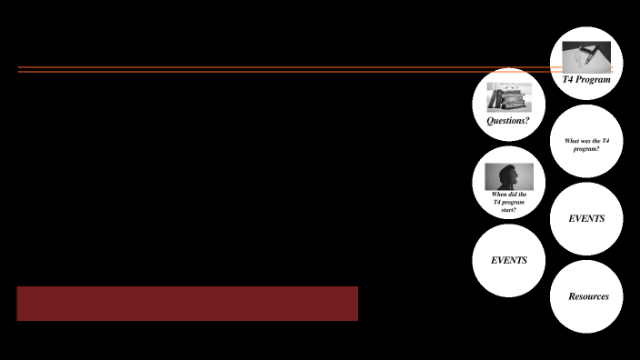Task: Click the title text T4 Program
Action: (586, 80)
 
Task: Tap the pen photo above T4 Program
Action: (586, 57)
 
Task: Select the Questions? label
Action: (508, 120)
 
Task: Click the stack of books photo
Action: (508, 96)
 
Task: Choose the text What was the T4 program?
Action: (586, 145)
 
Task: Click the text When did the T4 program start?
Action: (509, 202)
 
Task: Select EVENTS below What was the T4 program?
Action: (586, 219)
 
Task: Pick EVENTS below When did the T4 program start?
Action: (509, 260)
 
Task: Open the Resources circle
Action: (586, 296)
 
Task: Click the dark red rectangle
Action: (187, 304)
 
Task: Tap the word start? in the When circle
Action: (509, 210)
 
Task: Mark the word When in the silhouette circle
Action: (500, 194)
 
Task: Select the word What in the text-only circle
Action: (572, 141)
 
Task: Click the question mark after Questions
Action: (527, 120)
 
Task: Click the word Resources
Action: (588, 296)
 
